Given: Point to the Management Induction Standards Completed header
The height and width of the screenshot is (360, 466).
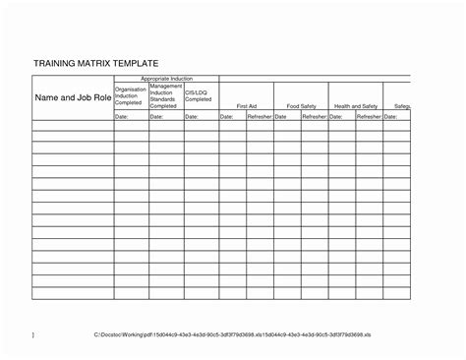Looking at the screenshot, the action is pyautogui.click(x=166, y=94).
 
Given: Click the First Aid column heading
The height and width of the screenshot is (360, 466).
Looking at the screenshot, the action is pyautogui.click(x=246, y=105).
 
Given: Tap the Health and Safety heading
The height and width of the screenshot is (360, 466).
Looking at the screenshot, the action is pyautogui.click(x=355, y=105).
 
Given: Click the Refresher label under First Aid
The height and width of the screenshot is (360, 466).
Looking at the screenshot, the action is pyautogui.click(x=260, y=116).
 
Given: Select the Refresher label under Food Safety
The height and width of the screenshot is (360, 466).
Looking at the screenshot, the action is pyautogui.click(x=314, y=116).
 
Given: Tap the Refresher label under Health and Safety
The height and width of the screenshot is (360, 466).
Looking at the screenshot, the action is pyautogui.click(x=369, y=116).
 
